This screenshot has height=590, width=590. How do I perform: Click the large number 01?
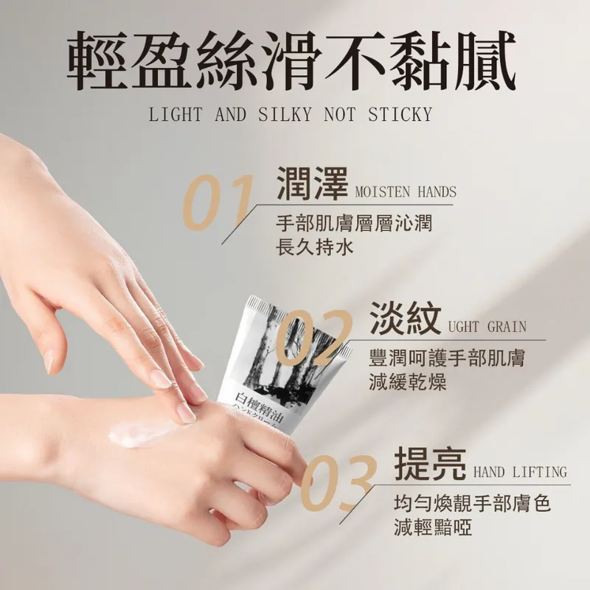pyautogui.click(x=218, y=203)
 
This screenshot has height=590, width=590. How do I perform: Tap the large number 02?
pyautogui.click(x=315, y=339)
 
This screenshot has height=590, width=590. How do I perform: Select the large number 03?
pyautogui.click(x=339, y=484)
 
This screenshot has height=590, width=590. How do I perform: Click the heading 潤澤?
pyautogui.click(x=312, y=183)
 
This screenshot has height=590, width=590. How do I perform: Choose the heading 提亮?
pyautogui.click(x=430, y=464)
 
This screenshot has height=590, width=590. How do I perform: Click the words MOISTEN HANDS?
pyautogui.click(x=406, y=192)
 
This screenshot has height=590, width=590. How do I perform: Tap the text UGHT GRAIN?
pyautogui.click(x=487, y=327)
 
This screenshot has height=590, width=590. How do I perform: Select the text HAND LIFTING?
pyautogui.click(x=520, y=472)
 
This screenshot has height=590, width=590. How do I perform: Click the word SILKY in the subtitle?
pyautogui.click(x=285, y=114)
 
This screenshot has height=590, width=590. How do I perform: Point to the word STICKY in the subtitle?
pyautogui.click(x=400, y=114)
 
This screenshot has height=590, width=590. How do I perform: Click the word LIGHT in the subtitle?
pyautogui.click(x=176, y=114)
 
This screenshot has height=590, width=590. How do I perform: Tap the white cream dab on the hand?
pyautogui.click(x=143, y=434)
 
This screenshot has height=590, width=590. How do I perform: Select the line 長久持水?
pyautogui.click(x=315, y=248)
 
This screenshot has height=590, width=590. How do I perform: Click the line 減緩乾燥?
pyautogui.click(x=408, y=383)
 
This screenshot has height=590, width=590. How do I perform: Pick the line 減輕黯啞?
pyautogui.click(x=433, y=527)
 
